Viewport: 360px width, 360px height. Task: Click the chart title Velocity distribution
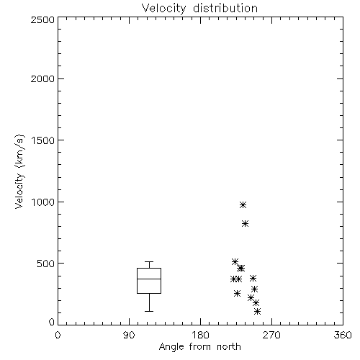click(199, 9)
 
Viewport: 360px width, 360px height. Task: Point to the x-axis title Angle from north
click(199, 346)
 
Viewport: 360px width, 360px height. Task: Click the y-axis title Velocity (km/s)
click(19, 171)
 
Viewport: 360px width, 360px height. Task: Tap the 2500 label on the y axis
click(42, 19)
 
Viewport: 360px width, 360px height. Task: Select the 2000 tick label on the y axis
click(42, 78)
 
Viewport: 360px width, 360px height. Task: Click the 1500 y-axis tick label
click(43, 140)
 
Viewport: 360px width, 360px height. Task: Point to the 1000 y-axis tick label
click(43, 202)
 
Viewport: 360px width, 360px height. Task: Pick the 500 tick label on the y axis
click(46, 264)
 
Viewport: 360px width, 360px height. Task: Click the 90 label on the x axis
click(129, 335)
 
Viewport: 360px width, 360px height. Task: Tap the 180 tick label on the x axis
click(200, 335)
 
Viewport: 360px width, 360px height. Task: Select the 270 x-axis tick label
click(271, 335)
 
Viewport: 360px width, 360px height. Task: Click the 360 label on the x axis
click(343, 335)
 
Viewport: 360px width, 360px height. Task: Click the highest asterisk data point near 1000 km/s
click(243, 204)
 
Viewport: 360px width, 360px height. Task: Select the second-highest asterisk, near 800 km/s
click(245, 224)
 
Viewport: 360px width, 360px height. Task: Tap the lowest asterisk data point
click(257, 312)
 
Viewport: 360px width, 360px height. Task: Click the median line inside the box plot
click(149, 279)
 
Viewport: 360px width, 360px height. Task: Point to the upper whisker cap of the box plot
click(149, 261)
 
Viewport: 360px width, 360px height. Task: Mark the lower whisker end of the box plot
click(149, 311)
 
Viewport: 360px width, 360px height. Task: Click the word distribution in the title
click(225, 9)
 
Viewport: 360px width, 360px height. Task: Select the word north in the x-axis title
click(229, 346)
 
